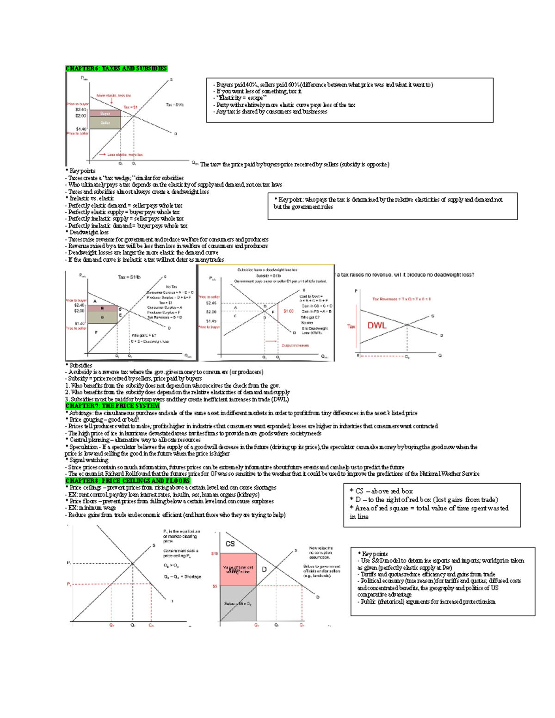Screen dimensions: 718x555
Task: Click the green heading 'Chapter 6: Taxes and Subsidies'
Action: [116, 68]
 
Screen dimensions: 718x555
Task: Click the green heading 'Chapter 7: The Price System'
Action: [112, 406]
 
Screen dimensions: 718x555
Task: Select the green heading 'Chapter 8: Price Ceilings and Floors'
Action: [128, 481]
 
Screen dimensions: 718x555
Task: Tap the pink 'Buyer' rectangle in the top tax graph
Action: [105, 113]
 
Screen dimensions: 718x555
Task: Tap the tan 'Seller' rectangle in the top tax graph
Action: [105, 123]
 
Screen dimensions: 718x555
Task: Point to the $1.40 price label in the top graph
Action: [81, 129]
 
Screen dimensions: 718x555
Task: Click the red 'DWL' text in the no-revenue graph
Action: [376, 325]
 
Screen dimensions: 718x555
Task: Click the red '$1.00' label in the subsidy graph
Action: [289, 311]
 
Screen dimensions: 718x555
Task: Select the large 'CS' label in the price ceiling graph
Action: [230, 544]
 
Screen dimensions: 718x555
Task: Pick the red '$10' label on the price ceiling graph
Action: [215, 553]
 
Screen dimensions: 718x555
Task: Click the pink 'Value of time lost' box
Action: [238, 570]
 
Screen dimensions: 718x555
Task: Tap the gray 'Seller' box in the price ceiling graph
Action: [238, 603]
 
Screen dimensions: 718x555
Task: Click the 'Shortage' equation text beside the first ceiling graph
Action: [182, 577]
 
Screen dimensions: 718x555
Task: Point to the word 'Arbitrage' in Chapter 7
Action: [81, 413]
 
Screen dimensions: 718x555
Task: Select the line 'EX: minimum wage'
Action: [92, 508]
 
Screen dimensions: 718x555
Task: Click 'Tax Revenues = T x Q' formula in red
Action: [401, 299]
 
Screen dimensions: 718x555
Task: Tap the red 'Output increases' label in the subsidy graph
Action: [295, 345]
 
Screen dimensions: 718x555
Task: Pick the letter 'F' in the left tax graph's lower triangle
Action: [96, 332]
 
